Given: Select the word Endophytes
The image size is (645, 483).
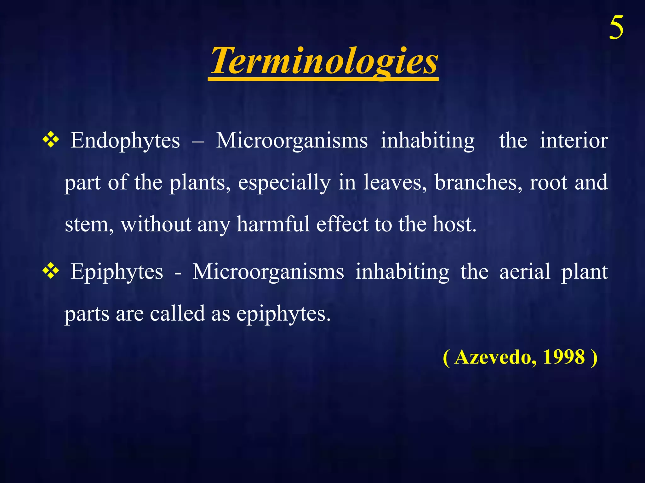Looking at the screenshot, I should coord(125,141).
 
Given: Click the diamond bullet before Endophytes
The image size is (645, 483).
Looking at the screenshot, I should coord(51,140).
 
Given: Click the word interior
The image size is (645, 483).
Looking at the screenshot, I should coord(574,141).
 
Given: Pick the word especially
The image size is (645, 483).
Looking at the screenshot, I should coord(284,183).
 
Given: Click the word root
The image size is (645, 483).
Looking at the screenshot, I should coord(548,183).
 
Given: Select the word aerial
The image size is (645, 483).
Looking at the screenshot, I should coord(525,272).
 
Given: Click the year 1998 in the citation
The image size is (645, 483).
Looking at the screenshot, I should coord(564,357).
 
